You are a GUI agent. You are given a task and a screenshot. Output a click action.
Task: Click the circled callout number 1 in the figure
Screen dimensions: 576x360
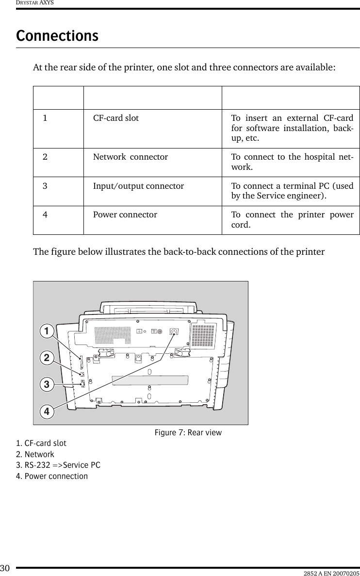coord(47,332)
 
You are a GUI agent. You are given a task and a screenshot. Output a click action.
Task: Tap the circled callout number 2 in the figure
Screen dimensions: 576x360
coord(47,359)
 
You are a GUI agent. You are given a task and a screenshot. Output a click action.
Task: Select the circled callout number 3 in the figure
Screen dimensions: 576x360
coord(47,385)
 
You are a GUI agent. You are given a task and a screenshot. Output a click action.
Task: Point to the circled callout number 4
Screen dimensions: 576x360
coord(47,411)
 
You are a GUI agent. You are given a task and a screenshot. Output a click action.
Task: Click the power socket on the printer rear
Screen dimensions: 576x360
coord(173,332)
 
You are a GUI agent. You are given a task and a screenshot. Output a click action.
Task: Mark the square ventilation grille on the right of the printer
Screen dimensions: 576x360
coord(203,334)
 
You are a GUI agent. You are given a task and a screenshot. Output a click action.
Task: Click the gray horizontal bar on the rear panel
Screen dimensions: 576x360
coord(150,379)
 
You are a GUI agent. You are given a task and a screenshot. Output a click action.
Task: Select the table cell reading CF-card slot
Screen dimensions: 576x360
coord(116,118)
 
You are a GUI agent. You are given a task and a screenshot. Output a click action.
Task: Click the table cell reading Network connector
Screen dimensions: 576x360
coord(131,157)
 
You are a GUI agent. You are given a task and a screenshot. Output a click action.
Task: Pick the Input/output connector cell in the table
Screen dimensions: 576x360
coord(138,186)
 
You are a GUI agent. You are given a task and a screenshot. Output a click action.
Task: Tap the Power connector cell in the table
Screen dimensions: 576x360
coord(125,214)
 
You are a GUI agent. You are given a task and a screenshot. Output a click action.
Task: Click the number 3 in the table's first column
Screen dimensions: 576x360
coord(45,186)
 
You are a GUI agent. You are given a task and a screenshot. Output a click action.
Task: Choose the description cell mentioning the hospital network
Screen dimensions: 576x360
coord(292,162)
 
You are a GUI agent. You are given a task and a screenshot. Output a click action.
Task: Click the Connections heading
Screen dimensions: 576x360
coord(57,36)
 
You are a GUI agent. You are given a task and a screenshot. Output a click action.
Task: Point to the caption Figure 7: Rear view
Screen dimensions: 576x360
coord(188,432)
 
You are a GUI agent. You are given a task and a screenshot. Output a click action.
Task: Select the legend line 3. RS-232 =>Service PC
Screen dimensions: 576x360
coord(58,465)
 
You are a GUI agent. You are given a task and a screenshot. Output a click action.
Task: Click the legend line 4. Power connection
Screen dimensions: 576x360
coord(52,476)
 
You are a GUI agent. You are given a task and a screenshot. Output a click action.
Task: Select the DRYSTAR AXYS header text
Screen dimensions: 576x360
coord(28,3)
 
